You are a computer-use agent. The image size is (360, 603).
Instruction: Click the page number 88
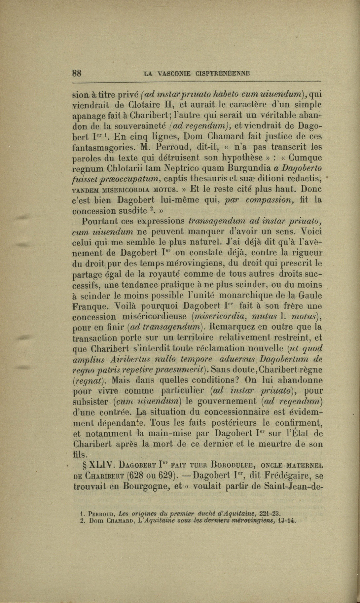click(x=79, y=73)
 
